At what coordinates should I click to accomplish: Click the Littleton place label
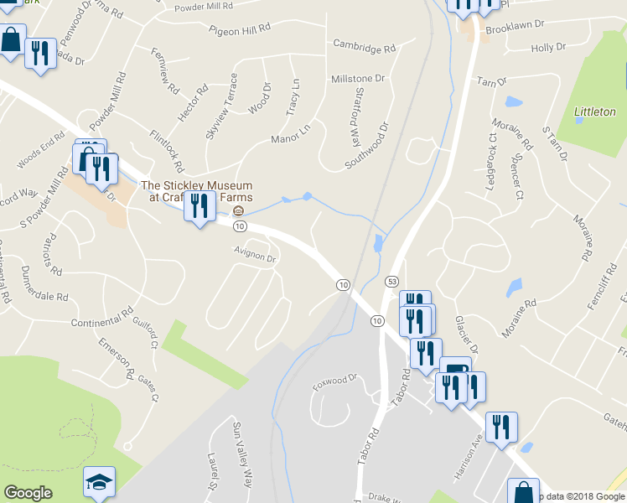pyautogui.click(x=594, y=111)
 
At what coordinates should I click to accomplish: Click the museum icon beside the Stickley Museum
pyautogui.click(x=239, y=210)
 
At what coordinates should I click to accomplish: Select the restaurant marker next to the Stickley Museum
pyautogui.click(x=199, y=206)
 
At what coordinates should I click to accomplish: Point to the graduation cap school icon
pyautogui.click(x=99, y=482)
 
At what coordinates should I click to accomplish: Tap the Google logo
pyautogui.click(x=28, y=493)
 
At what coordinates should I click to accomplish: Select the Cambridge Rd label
pyautogui.click(x=363, y=45)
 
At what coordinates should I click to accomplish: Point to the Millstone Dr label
pyautogui.click(x=357, y=78)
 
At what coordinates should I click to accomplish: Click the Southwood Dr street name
pyautogui.click(x=367, y=147)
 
